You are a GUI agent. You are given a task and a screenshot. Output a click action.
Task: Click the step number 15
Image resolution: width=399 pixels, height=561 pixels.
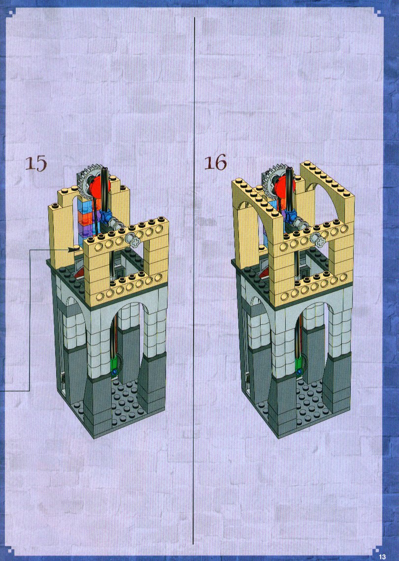(x=36, y=164)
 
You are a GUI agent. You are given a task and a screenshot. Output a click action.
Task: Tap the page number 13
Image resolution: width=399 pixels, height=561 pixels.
(x=382, y=557)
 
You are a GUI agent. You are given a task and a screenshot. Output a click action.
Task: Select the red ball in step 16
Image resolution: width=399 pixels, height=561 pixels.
(x=285, y=185)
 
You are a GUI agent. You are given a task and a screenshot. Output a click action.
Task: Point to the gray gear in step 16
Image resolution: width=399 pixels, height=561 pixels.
(x=272, y=178)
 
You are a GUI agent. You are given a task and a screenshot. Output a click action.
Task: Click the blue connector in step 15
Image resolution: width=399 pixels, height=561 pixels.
(x=106, y=216)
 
